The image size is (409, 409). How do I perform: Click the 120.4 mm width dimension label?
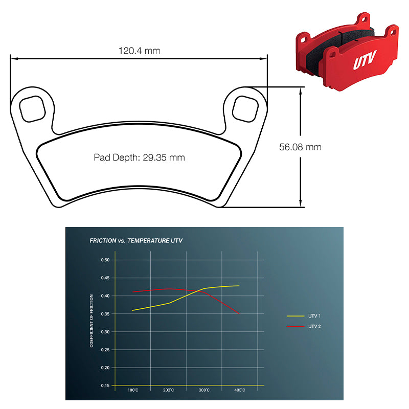139,51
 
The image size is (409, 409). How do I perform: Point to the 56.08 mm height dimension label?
300,147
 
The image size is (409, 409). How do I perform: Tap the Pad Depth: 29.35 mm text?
139,157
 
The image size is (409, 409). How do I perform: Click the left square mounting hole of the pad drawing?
32,109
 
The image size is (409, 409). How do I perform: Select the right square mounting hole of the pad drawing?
245,109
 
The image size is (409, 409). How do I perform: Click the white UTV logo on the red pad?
365,60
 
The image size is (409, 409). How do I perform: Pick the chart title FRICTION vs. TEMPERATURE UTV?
136,240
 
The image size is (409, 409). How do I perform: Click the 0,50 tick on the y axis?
105,260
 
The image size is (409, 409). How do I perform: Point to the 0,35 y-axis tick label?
105,314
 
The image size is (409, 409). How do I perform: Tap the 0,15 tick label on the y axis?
105,385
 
